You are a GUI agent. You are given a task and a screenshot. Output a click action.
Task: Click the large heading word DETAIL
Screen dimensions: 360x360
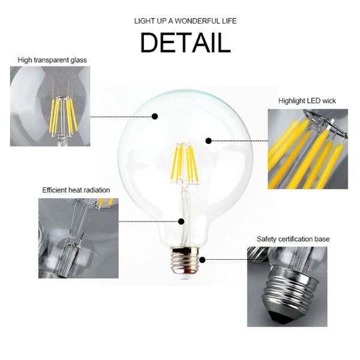pos(185,43)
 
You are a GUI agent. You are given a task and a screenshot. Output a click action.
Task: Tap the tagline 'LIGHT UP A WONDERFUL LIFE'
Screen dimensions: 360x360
pos(185,22)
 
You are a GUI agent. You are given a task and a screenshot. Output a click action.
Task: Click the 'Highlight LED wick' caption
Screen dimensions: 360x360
pos(307,101)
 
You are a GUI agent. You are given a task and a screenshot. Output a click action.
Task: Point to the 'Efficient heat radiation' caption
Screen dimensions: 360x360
pos(76,190)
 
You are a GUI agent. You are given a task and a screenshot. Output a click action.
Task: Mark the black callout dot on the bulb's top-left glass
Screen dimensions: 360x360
pos(155,116)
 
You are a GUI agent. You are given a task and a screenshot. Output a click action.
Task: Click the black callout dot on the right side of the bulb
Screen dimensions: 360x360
pos(209,141)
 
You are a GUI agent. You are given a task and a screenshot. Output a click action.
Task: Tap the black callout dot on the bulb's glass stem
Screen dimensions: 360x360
pos(181,221)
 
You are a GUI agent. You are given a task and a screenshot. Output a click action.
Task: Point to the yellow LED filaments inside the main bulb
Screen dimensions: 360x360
pos(185,162)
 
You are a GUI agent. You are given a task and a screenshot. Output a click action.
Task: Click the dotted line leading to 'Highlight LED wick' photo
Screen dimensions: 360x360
pos(240,141)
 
